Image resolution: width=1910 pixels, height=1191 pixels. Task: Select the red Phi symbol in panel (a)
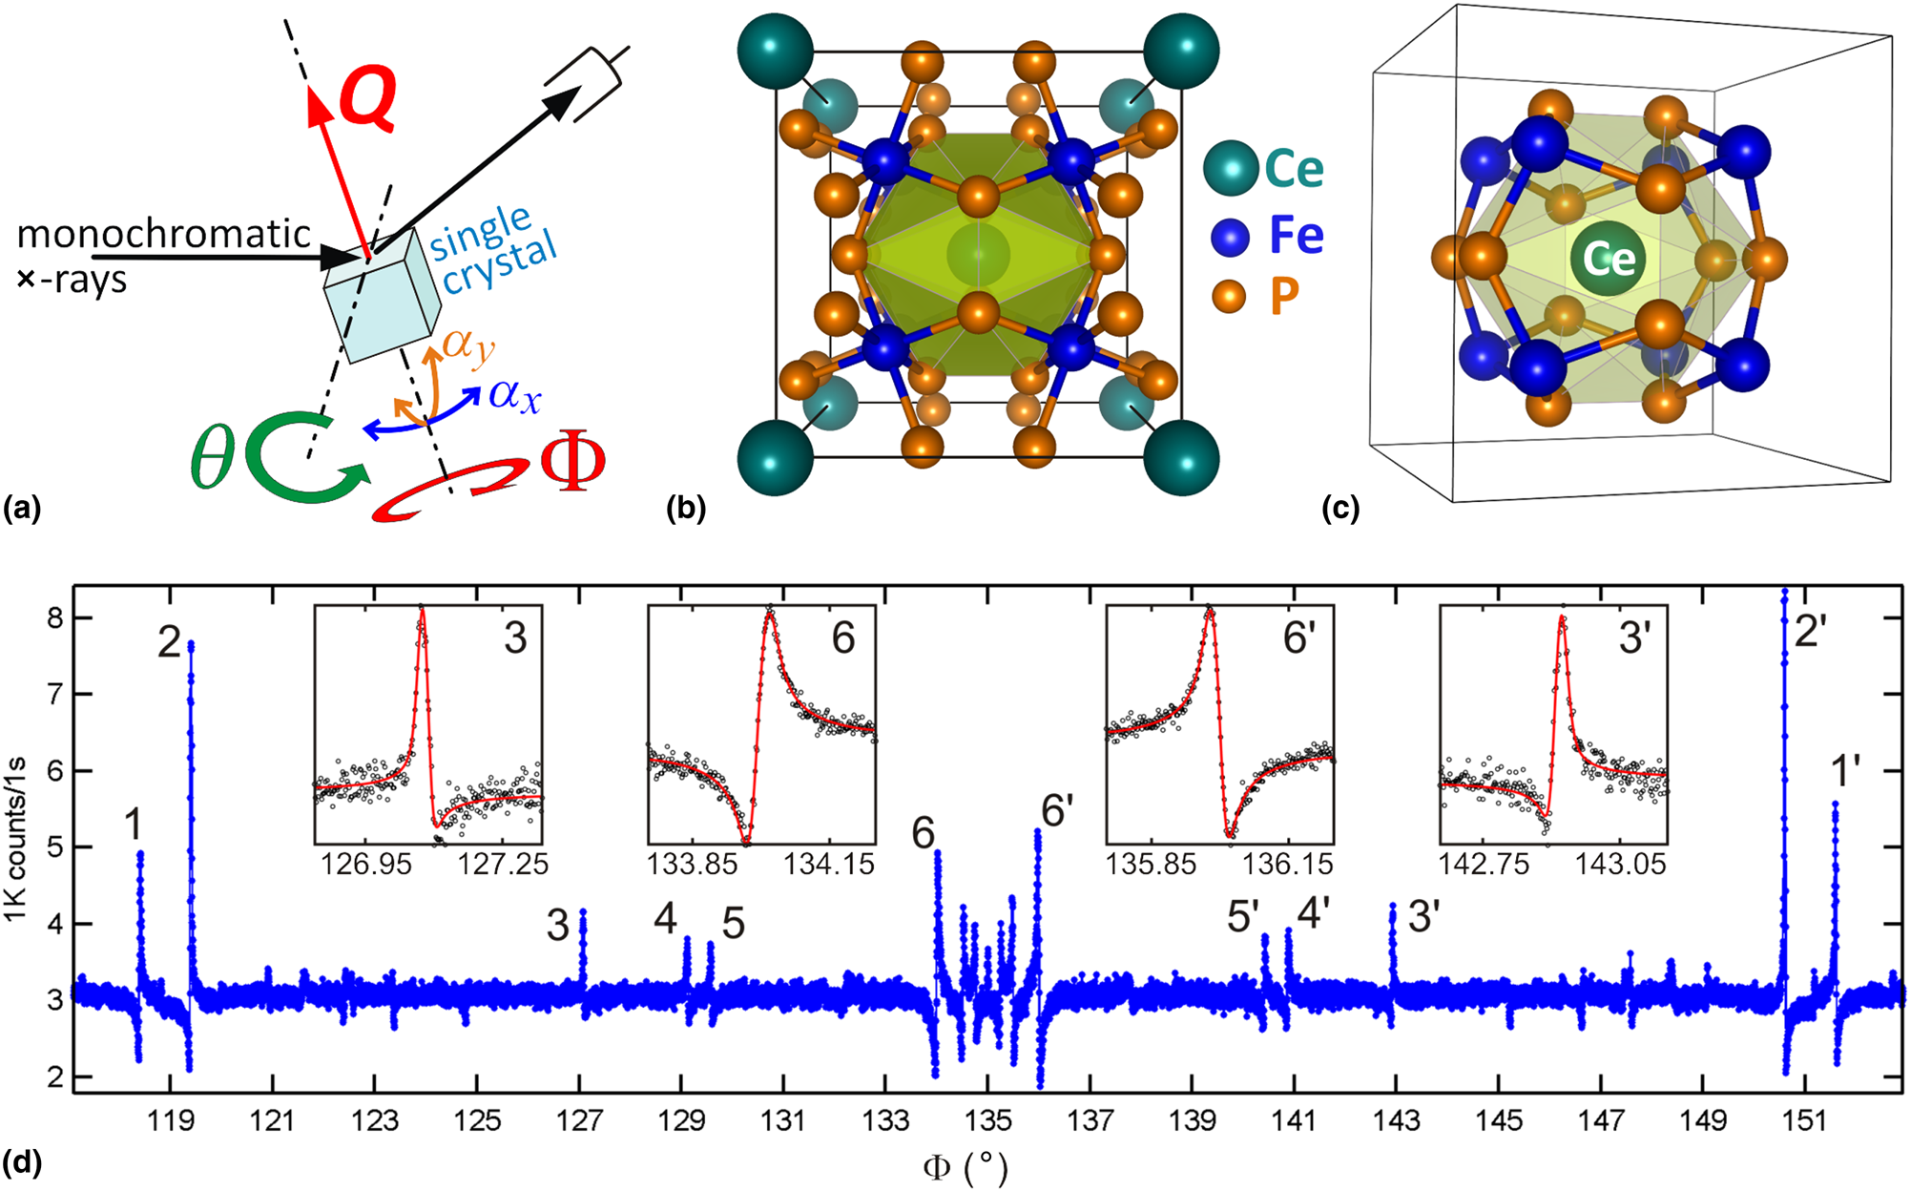pyautogui.click(x=572, y=463)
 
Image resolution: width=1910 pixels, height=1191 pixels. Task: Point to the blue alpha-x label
pyautogui.click(x=515, y=393)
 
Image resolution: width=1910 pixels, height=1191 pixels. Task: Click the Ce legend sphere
pyautogui.click(x=1231, y=169)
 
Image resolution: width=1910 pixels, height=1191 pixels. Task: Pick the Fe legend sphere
pyautogui.click(x=1231, y=236)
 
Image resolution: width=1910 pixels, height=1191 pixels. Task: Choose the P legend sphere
pyautogui.click(x=1230, y=296)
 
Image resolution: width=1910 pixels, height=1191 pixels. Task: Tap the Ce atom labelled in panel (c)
pyautogui.click(x=1609, y=258)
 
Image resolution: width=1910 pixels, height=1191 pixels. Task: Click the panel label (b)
pyautogui.click(x=686, y=509)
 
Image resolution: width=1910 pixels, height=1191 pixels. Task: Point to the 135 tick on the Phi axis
pyautogui.click(x=987, y=1119)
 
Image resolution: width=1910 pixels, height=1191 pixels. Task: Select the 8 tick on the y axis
pyautogui.click(x=54, y=618)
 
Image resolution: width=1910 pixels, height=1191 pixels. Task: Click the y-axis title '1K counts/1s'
pyautogui.click(x=16, y=840)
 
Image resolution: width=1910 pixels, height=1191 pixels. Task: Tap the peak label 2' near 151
pyautogui.click(x=1810, y=631)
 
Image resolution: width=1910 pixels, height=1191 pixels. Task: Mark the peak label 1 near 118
pyautogui.click(x=134, y=824)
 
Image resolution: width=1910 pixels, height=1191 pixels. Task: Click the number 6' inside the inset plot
pyautogui.click(x=1299, y=637)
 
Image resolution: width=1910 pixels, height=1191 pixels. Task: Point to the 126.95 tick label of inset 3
pyautogui.click(x=365, y=865)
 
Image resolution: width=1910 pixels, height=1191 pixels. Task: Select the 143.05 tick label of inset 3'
pyautogui.click(x=1621, y=865)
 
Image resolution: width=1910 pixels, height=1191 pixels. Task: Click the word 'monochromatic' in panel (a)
pyautogui.click(x=164, y=234)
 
